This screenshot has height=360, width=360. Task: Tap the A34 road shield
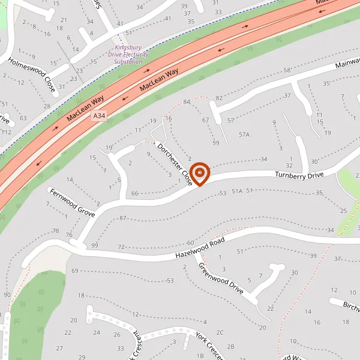99,115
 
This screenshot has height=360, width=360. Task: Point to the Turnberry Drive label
299,175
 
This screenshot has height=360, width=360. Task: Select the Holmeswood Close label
32,75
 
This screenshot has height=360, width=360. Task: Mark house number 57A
244,135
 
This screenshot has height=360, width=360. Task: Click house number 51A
237,191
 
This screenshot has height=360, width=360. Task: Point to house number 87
123,217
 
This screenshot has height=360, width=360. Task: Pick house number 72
121,247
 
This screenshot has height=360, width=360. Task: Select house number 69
75,271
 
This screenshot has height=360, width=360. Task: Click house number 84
187,102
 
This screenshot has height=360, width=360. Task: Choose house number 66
134,193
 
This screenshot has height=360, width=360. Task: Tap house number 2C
220,332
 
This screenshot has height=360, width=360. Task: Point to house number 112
7,132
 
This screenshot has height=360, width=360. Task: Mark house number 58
287,71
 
